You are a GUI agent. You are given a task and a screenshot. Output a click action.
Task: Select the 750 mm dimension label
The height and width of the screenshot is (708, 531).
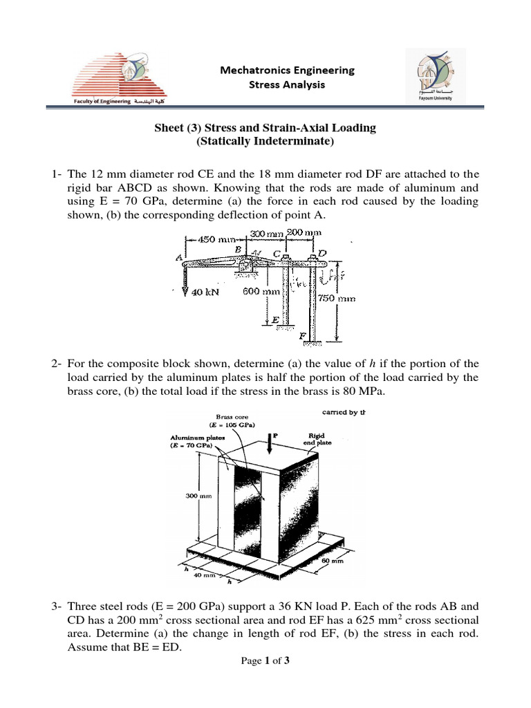pos(337,298)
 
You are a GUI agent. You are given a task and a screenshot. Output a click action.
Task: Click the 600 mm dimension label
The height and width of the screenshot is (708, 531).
pos(261,291)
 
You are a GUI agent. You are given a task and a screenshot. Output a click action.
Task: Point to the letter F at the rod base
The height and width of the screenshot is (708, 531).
pos(302,336)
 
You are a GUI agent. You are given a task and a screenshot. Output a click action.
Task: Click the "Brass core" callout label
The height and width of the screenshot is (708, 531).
pos(232,416)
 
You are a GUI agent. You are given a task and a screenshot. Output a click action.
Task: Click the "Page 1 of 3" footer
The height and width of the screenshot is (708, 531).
pos(265,661)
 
